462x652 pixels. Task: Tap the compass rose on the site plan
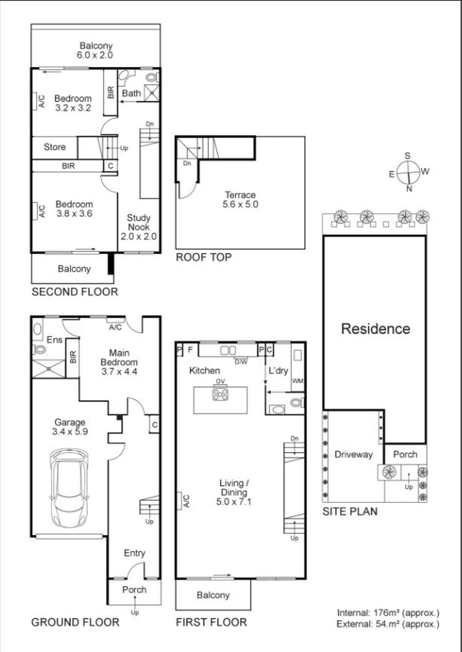(408, 172)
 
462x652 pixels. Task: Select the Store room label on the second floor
(55, 147)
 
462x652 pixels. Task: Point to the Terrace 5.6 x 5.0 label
(240, 199)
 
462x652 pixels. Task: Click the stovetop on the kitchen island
(220, 394)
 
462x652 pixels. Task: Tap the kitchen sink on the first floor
(228, 350)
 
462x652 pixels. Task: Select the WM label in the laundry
(298, 381)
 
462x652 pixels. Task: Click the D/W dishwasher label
(241, 362)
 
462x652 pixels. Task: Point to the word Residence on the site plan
(376, 329)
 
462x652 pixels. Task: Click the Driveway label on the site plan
(353, 454)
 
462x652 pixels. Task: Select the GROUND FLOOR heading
(75, 622)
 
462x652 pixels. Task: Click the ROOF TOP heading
(204, 257)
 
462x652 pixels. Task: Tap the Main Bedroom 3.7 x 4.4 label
(119, 362)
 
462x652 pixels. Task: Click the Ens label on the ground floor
(55, 340)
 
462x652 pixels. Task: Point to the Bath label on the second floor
(132, 93)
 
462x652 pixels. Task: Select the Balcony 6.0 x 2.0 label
(95, 50)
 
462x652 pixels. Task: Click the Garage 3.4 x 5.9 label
(70, 427)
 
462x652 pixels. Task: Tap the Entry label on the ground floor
(134, 553)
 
